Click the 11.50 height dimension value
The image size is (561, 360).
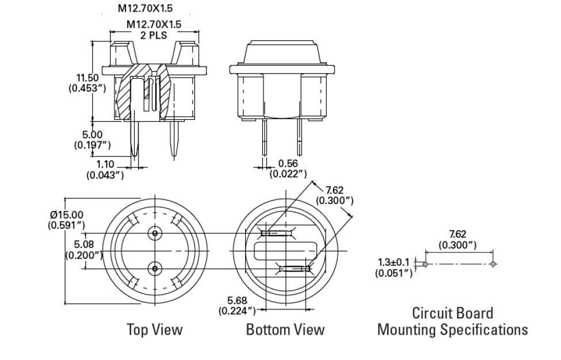pyautogui.click(x=88, y=78)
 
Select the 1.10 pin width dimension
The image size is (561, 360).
pyautogui.click(x=105, y=164)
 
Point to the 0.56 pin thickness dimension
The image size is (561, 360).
pyautogui.click(x=288, y=164)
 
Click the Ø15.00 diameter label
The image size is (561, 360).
pyautogui.click(x=67, y=215)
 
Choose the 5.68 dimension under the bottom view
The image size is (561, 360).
pyautogui.click(x=237, y=301)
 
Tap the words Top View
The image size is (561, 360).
pyautogui.click(x=154, y=330)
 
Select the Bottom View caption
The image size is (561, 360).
pyautogui.click(x=285, y=330)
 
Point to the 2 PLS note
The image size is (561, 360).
pyautogui.click(x=154, y=35)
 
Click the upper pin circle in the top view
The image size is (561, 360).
pyautogui.click(x=154, y=233)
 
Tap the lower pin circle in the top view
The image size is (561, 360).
pyautogui.click(x=154, y=268)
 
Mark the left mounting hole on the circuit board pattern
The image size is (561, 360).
pyautogui.click(x=425, y=264)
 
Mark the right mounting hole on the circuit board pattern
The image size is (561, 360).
pyautogui.click(x=494, y=264)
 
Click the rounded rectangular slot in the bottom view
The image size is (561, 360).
pyautogui.click(x=286, y=250)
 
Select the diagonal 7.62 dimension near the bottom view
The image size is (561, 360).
pyautogui.click(x=335, y=190)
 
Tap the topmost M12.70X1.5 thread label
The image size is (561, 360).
pyautogui.click(x=145, y=9)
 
